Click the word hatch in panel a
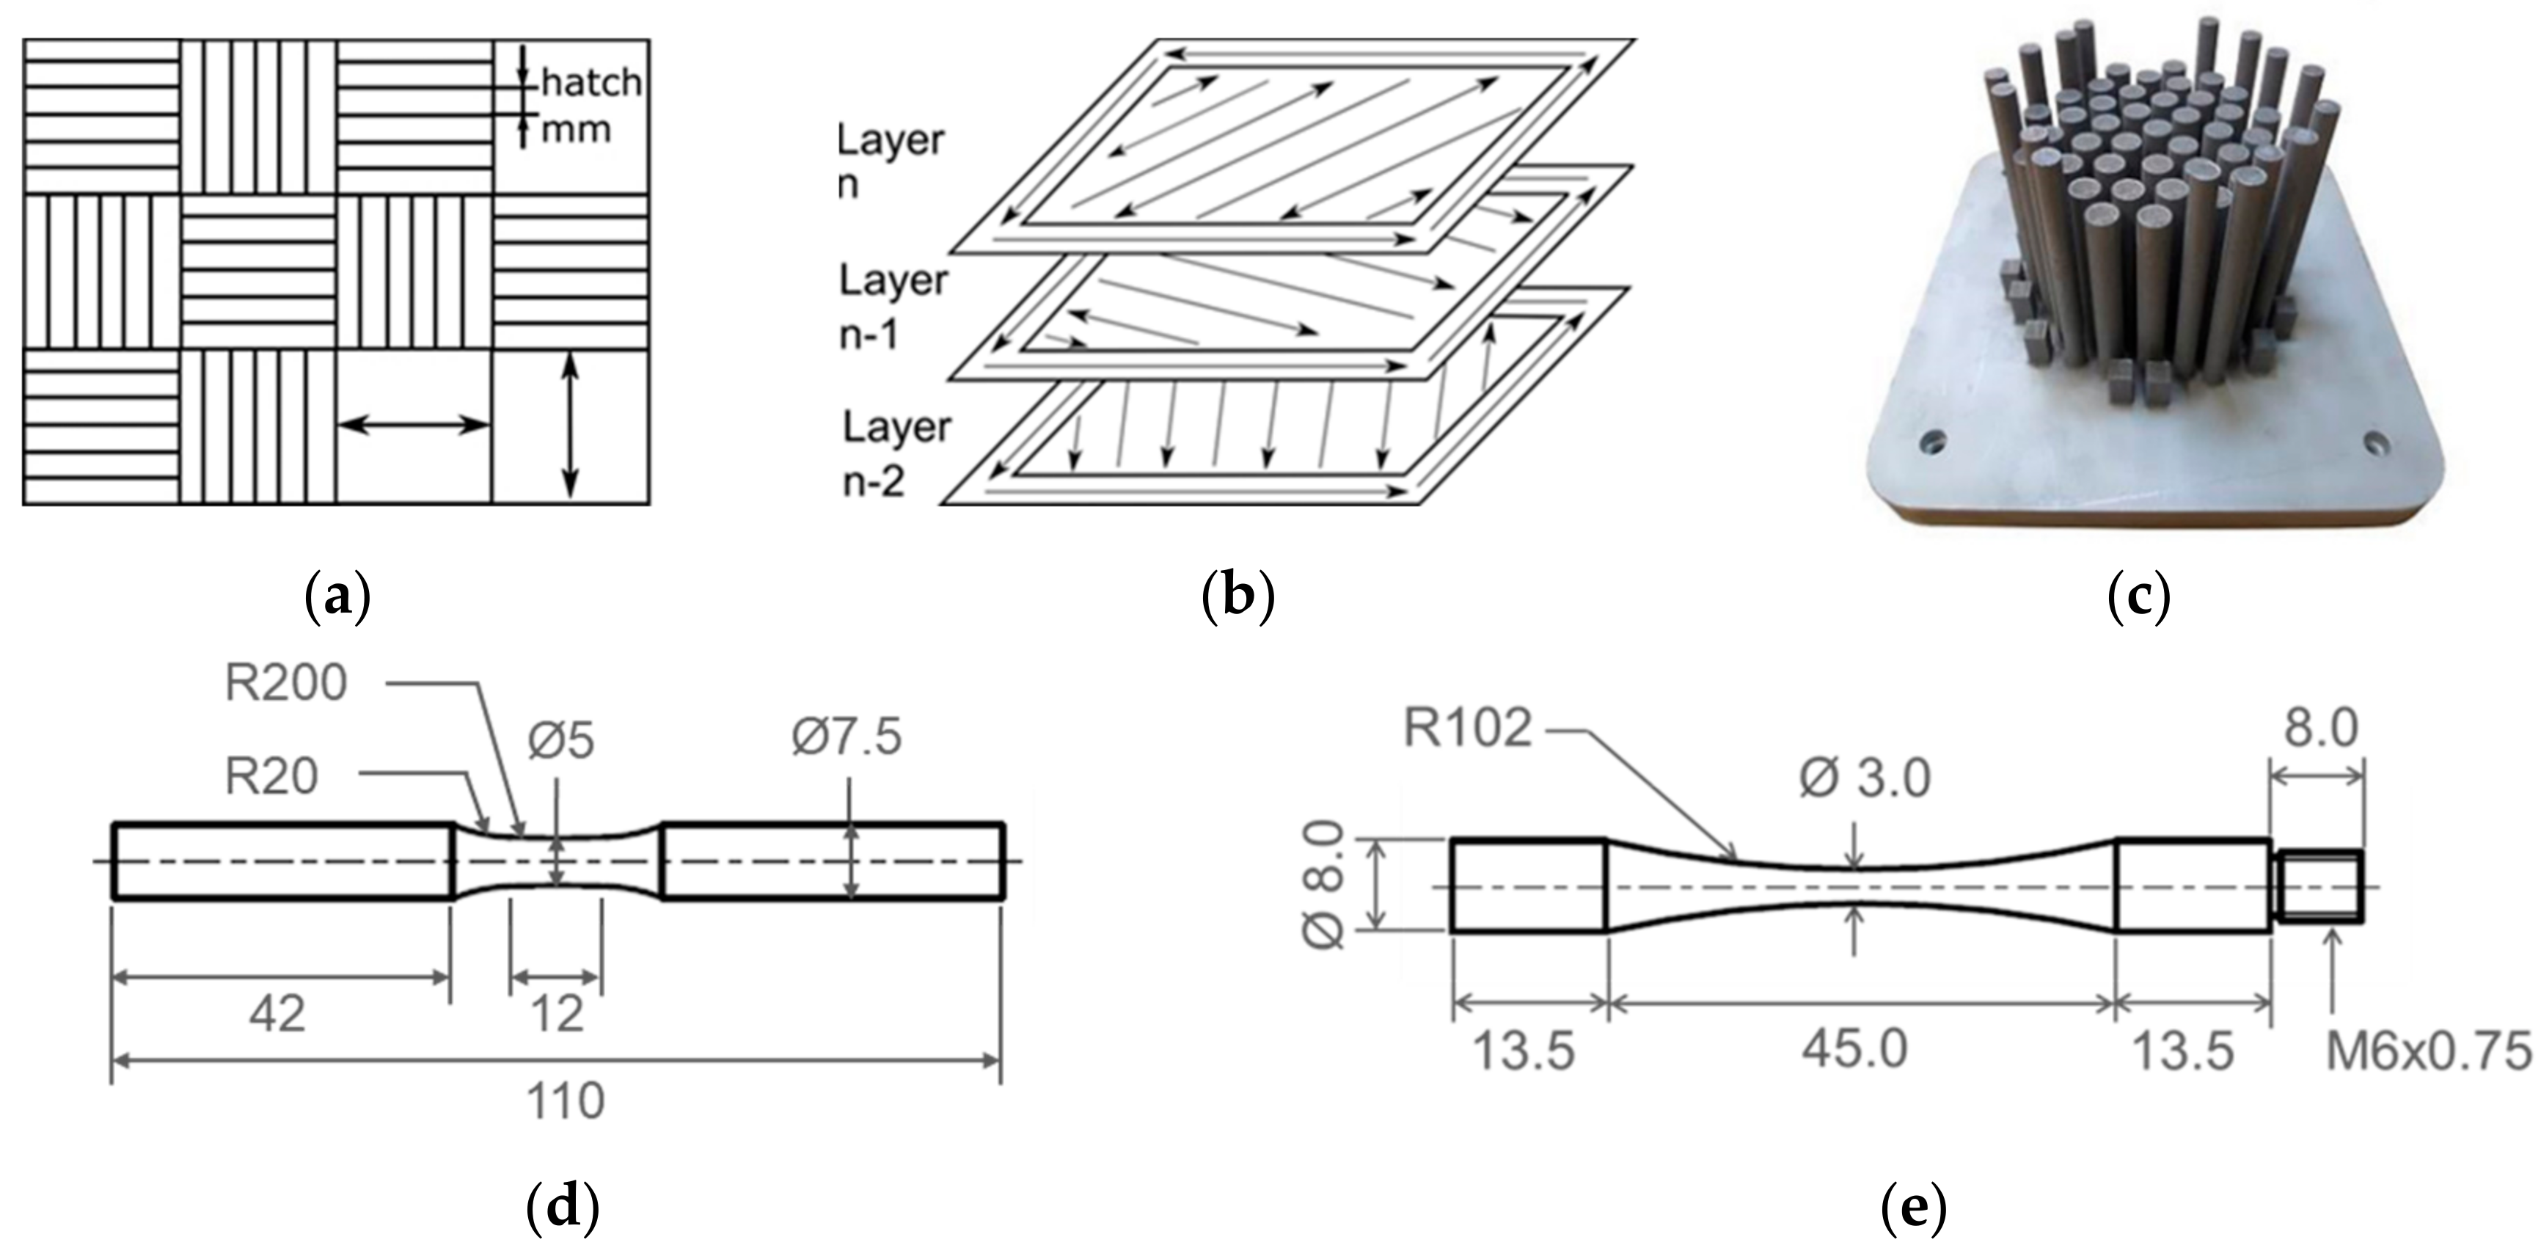point(591,83)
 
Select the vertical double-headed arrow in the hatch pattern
point(570,426)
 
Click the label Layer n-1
point(893,308)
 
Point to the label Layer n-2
point(896,454)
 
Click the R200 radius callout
point(286,683)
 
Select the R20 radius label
point(271,776)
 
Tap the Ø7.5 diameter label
point(847,737)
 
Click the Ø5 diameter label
point(560,740)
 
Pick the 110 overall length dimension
point(564,1101)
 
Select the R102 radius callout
point(1468,729)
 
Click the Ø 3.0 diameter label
point(1865,779)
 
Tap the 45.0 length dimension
point(1854,1049)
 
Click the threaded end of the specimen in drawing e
point(2318,886)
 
